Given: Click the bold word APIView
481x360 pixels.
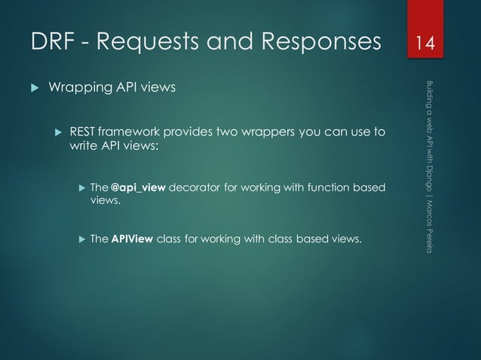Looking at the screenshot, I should tap(133, 239).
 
